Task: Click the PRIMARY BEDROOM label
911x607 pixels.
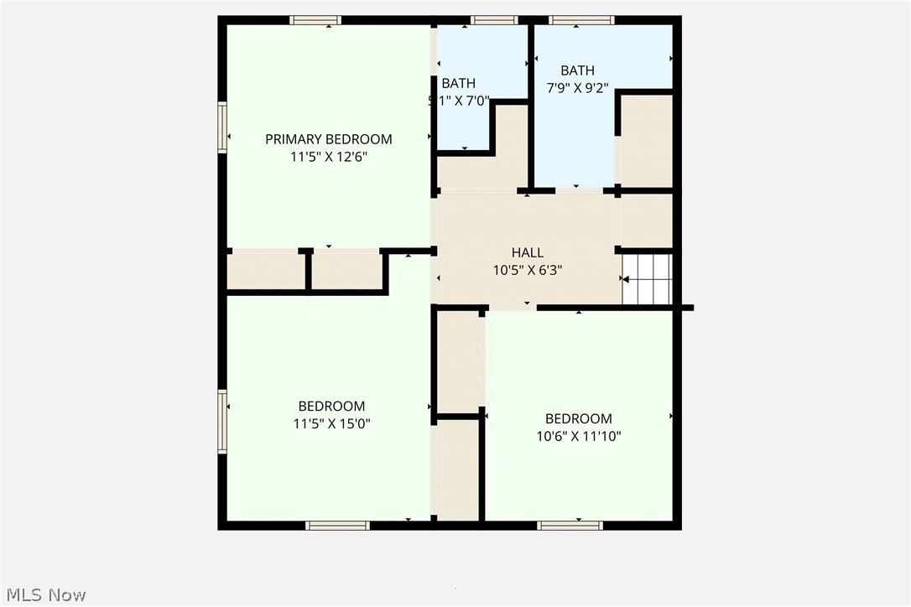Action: coord(329,139)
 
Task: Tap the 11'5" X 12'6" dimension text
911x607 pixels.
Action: coord(329,156)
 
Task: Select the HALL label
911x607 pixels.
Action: coord(528,252)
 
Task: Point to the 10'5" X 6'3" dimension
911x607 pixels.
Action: coord(528,270)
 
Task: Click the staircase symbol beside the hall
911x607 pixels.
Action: coord(648,279)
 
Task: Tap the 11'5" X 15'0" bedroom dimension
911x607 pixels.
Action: coord(331,423)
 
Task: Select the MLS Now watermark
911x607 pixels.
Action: coord(44,595)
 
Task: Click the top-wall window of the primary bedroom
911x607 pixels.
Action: coord(315,20)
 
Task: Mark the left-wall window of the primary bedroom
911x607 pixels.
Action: coord(222,127)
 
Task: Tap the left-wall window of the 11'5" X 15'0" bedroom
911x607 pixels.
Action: coord(222,422)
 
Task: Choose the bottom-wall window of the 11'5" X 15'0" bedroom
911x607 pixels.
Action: coord(337,526)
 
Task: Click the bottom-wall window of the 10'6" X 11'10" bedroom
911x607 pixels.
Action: coord(570,526)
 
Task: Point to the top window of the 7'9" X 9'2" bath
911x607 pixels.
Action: coord(581,20)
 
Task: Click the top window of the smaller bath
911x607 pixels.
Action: coord(494,20)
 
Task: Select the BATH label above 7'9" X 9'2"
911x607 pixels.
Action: coord(577,70)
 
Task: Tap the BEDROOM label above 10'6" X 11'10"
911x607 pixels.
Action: coord(579,418)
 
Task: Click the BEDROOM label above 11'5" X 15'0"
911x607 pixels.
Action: coord(331,407)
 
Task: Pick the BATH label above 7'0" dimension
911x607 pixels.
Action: coord(458,83)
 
